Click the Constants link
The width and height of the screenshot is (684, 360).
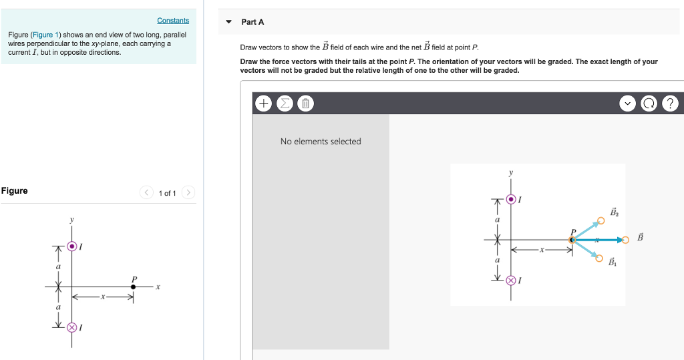(173, 21)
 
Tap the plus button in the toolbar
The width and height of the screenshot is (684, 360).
(263, 104)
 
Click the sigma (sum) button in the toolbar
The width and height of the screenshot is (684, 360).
(284, 104)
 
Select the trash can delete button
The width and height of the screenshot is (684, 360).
(305, 104)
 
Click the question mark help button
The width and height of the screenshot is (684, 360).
(671, 104)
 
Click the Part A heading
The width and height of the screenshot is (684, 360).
(252, 22)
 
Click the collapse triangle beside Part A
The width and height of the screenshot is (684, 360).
(228, 22)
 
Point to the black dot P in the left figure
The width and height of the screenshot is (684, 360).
(134, 287)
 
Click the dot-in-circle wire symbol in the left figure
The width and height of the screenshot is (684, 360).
(72, 246)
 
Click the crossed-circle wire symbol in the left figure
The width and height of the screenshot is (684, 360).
(72, 327)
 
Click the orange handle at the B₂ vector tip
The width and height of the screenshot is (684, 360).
(600, 220)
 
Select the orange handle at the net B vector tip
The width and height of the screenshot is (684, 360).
(625, 239)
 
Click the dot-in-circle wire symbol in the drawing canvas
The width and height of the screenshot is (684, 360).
(511, 199)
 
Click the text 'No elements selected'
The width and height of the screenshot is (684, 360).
(321, 142)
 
